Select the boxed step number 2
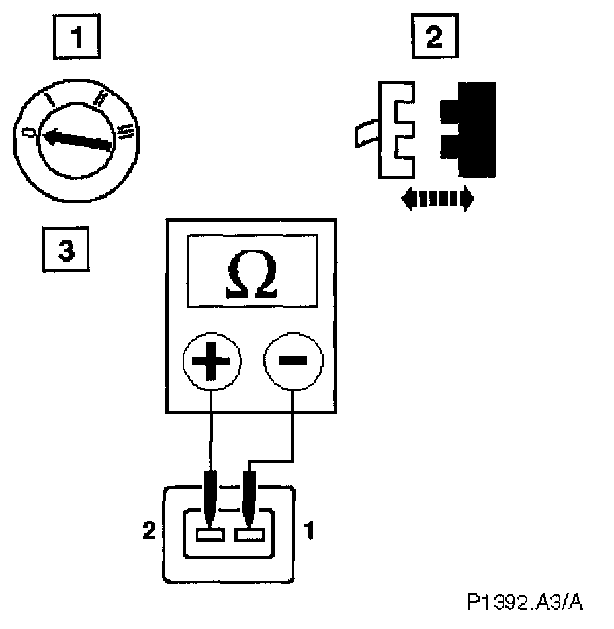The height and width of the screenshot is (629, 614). click(x=433, y=37)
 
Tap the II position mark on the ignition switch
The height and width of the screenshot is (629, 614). click(x=101, y=99)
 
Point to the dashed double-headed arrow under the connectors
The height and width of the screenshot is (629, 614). click(x=437, y=198)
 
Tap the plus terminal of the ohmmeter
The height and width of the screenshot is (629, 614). click(x=212, y=362)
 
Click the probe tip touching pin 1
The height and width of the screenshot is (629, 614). click(x=251, y=510)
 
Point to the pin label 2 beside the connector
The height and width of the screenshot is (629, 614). click(x=150, y=530)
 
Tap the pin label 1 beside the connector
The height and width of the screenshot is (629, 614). click(x=308, y=530)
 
